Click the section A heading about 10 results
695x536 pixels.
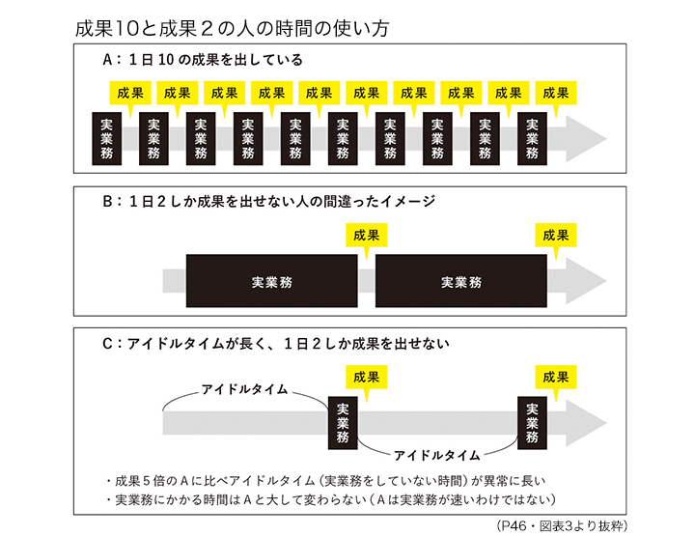(202, 60)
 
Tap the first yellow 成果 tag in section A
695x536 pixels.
(130, 93)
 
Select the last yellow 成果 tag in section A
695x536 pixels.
(556, 93)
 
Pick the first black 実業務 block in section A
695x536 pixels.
(106, 138)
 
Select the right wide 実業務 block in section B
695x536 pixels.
(461, 282)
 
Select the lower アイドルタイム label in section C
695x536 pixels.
(434, 453)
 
